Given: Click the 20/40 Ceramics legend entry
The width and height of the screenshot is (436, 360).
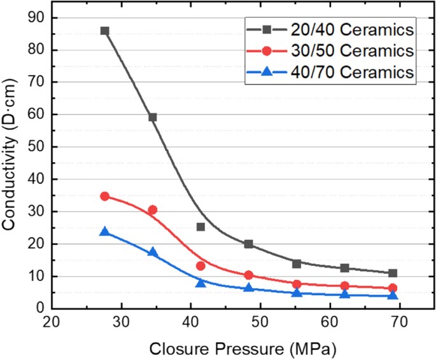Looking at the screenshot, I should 353,29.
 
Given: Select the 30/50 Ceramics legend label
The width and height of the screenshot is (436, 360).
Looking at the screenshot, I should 353,50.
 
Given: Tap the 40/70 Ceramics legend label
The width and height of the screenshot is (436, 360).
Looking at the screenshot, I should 353,72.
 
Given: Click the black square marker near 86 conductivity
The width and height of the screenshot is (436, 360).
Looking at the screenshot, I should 104,31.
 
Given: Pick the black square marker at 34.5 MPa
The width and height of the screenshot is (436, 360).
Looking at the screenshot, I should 153,117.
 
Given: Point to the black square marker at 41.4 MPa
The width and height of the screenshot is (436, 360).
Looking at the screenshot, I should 200,226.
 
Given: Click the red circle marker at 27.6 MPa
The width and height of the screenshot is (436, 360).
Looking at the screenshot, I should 104,197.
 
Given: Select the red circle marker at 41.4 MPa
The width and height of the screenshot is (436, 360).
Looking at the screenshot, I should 200,266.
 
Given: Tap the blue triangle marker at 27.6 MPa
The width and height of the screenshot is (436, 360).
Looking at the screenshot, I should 104,232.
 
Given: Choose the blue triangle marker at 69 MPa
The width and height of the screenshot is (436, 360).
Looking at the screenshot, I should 393,295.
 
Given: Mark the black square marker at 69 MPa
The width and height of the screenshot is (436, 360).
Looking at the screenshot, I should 393,273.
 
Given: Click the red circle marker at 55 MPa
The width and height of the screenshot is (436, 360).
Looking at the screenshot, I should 297,284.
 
